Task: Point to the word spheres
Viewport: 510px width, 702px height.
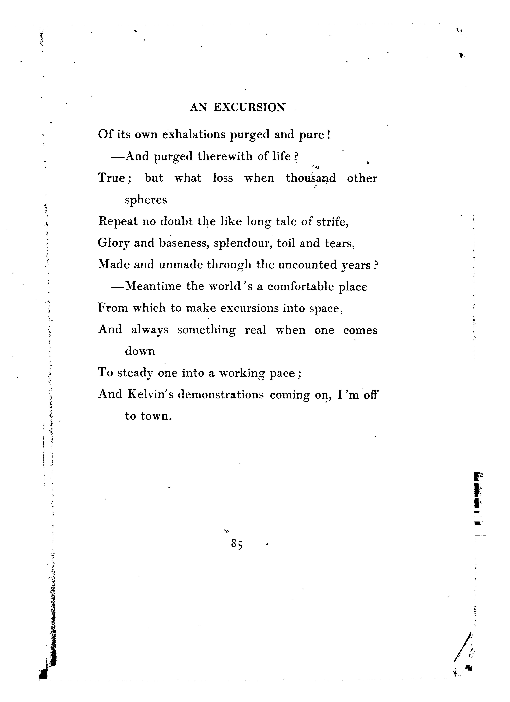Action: [x=146, y=200]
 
